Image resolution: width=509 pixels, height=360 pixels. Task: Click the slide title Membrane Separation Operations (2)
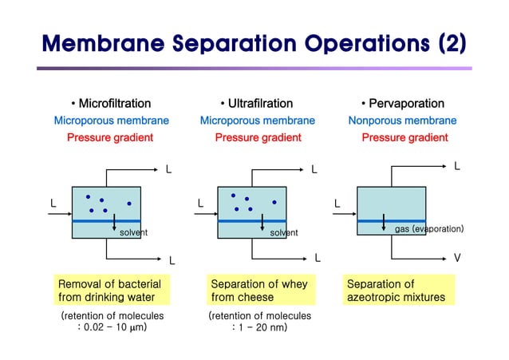click(x=254, y=42)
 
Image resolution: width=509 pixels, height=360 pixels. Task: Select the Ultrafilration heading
click(x=257, y=103)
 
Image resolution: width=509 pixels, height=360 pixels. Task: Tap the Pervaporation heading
click(x=402, y=103)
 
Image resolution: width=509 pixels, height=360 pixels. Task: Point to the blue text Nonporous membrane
click(x=402, y=121)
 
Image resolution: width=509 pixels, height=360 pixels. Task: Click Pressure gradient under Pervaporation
click(x=404, y=137)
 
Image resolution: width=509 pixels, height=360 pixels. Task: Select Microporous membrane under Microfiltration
click(x=111, y=121)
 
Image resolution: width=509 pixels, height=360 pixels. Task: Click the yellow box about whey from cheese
click(x=259, y=291)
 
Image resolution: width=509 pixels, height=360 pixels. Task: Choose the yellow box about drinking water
click(x=110, y=291)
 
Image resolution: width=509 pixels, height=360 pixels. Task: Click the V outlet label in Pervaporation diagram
click(x=457, y=258)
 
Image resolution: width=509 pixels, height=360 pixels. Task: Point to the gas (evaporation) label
click(x=429, y=229)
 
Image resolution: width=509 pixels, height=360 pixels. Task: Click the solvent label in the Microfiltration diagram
click(x=133, y=232)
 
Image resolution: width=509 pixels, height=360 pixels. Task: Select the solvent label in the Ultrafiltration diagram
click(x=283, y=232)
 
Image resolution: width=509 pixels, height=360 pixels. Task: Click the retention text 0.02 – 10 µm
click(x=112, y=327)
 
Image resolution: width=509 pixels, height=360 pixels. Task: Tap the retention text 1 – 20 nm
click(x=259, y=327)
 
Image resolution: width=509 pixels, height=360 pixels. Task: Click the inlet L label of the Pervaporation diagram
click(x=337, y=204)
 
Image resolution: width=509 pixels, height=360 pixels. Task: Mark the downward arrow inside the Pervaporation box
click(x=384, y=223)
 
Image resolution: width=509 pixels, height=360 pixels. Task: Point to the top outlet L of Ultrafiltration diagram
click(x=314, y=169)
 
